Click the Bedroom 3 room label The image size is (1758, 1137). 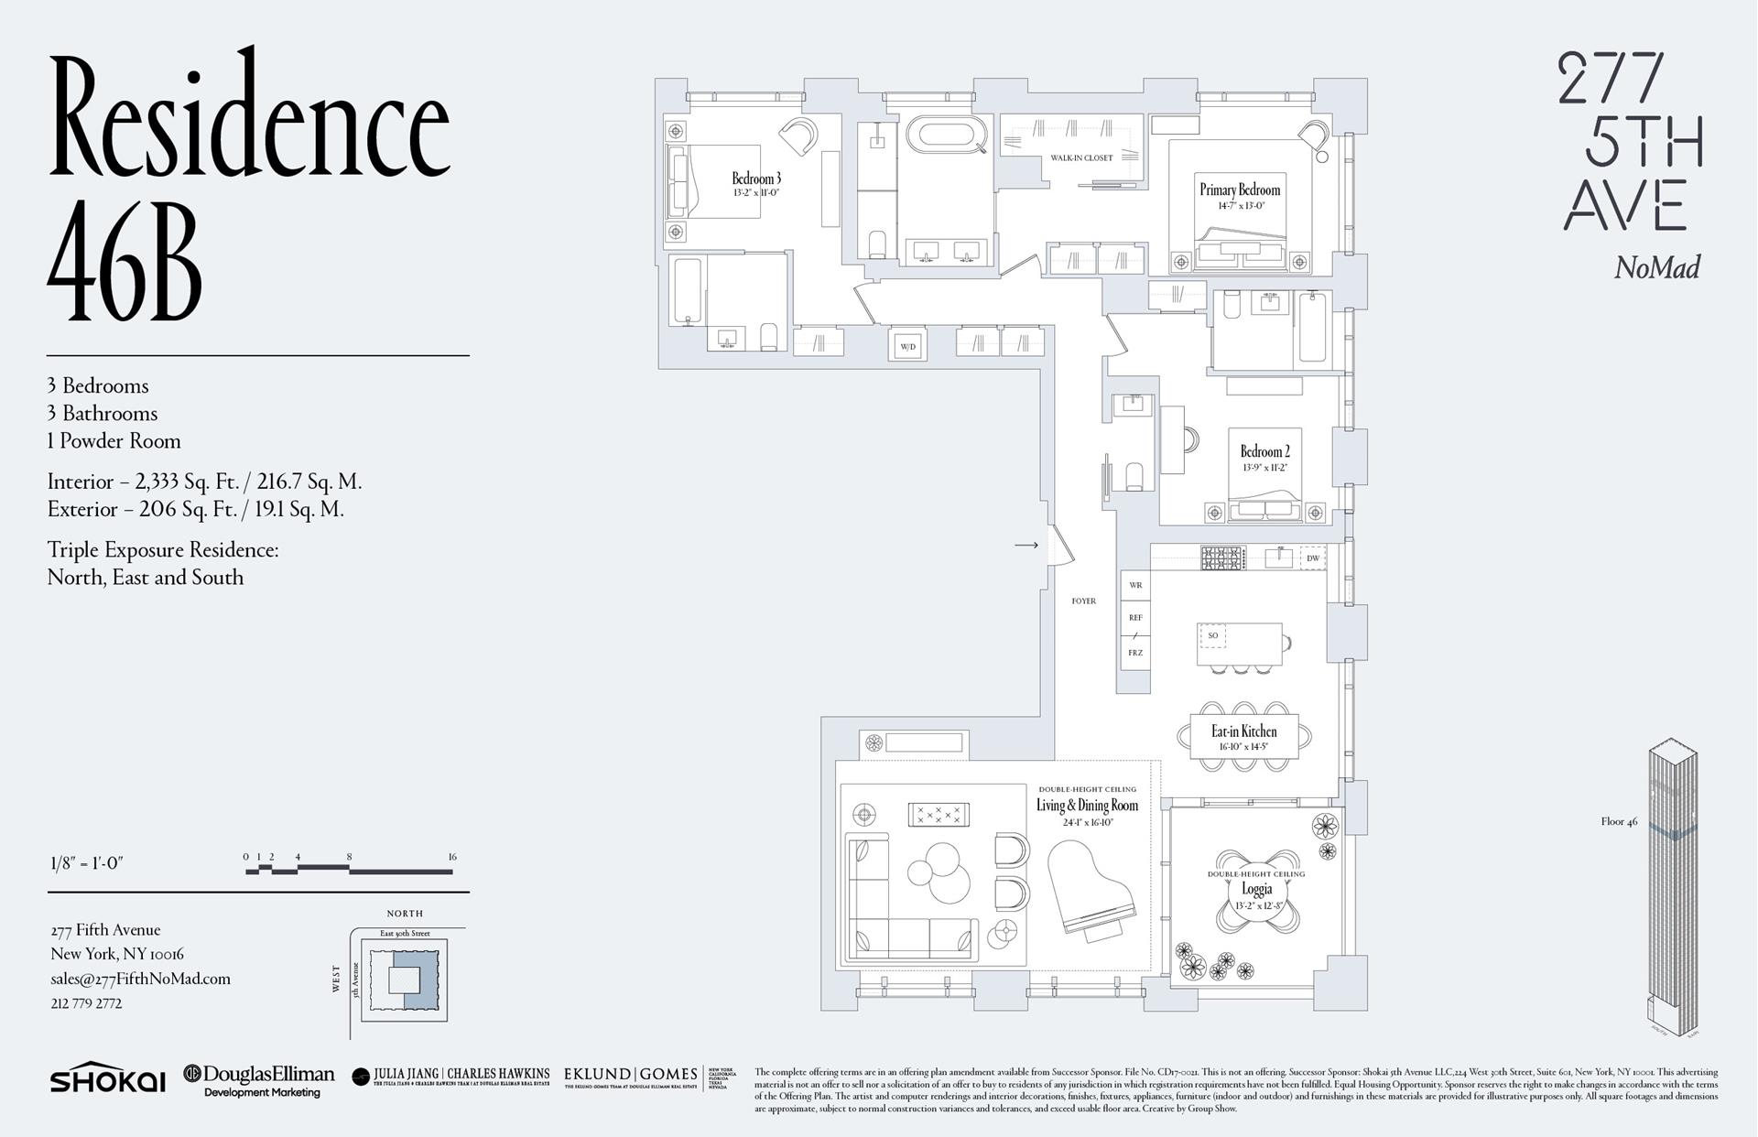[x=756, y=179]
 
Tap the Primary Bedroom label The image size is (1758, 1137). [x=1240, y=190]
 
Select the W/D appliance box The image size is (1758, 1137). [x=907, y=346]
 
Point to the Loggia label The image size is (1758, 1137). [x=1256, y=889]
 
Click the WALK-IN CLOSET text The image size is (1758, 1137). [x=1081, y=157]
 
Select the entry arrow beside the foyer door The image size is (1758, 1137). [x=1025, y=545]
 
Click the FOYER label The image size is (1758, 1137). [x=1083, y=601]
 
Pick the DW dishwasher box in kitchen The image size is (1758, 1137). [x=1312, y=558]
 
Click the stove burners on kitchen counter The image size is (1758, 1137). [x=1222, y=557]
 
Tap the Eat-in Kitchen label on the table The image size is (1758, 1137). [x=1243, y=731]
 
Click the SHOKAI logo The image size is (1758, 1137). [x=108, y=1079]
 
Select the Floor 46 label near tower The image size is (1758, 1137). [x=1619, y=821]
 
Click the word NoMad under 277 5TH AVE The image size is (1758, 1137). [x=1656, y=268]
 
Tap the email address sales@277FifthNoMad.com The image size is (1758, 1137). [x=140, y=979]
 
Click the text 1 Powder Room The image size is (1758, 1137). [x=114, y=441]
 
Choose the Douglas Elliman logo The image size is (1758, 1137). [x=259, y=1078]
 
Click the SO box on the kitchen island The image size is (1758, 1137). [x=1212, y=634]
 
